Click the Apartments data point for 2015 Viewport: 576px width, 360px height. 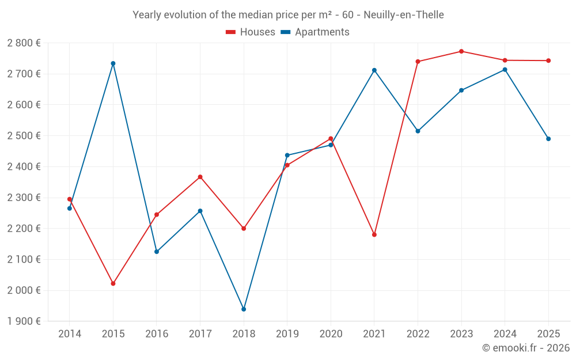(113, 63)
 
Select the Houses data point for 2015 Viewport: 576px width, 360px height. (113, 283)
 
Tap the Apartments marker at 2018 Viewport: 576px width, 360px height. (244, 309)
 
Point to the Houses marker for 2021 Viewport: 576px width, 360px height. (374, 234)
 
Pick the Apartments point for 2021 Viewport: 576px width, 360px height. (374, 70)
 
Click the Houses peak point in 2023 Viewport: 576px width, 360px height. (461, 51)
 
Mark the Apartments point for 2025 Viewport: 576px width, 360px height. (548, 139)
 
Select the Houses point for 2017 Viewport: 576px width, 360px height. (200, 177)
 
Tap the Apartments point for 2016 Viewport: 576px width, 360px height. (157, 252)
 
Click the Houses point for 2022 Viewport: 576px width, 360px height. (418, 62)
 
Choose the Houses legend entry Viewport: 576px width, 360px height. (251, 32)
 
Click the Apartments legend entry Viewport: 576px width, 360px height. (315, 32)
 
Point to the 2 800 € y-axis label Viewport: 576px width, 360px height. (24, 43)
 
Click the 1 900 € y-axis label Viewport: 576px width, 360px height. (24, 321)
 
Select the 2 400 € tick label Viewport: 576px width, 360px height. (24, 167)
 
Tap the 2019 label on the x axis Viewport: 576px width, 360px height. (287, 334)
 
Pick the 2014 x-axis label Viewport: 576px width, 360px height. (70, 334)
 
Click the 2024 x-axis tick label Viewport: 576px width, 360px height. (505, 334)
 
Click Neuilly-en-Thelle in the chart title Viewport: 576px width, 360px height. (403, 15)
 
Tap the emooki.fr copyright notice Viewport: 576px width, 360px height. (525, 348)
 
